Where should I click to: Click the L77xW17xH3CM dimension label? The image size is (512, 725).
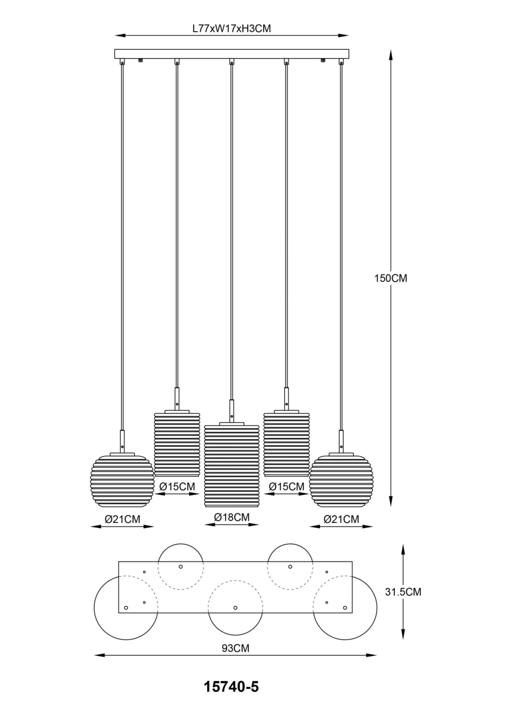(232, 28)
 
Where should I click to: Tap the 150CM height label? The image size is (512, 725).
(391, 278)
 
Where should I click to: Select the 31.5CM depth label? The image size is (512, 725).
(403, 592)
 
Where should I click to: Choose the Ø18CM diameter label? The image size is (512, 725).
(232, 517)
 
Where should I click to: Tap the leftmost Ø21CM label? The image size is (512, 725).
(122, 519)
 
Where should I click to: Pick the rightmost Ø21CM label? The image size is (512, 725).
(341, 519)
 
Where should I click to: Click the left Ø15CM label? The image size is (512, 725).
(177, 486)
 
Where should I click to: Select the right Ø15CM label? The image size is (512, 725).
(287, 486)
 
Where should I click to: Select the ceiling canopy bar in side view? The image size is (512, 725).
(232, 54)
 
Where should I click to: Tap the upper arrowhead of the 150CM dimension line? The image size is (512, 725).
(391, 55)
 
